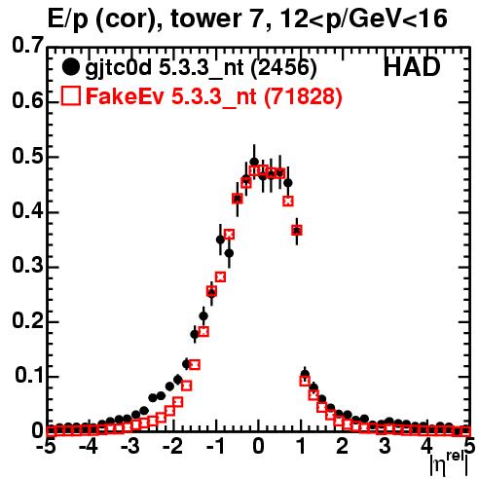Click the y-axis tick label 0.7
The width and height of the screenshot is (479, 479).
tap(27, 45)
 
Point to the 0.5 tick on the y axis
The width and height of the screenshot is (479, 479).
tap(27, 156)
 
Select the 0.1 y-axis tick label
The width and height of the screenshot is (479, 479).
tap(29, 375)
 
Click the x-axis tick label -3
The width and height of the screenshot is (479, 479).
tap(130, 446)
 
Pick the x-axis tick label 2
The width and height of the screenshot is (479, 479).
tap(343, 446)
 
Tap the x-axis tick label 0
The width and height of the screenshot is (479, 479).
tap(258, 446)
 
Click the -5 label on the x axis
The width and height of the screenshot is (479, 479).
tap(48, 446)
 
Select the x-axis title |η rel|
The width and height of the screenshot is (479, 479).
tap(449, 463)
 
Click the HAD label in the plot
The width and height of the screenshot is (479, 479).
tap(412, 67)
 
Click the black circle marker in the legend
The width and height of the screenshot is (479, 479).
tap(70, 67)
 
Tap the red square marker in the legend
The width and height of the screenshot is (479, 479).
tap(70, 95)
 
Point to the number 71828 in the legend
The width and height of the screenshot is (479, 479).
tap(303, 95)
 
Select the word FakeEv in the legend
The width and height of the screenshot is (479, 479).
tap(125, 96)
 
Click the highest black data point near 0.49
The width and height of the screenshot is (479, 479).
tap(254, 162)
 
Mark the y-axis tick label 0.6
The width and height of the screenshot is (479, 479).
tap(27, 101)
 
